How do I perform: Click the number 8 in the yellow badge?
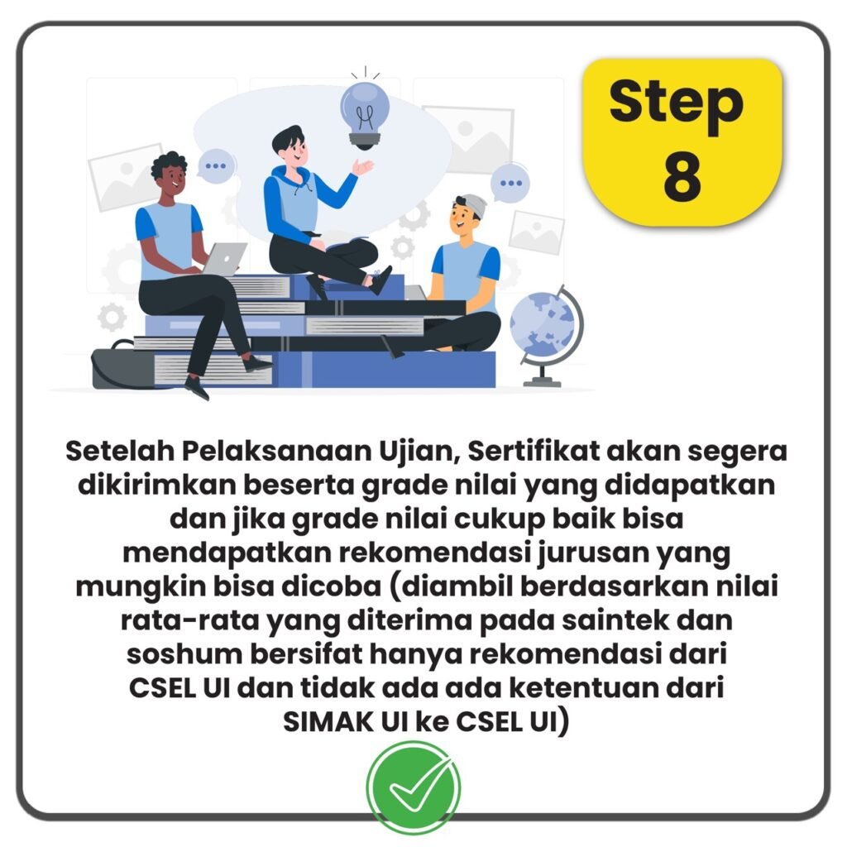[682, 176]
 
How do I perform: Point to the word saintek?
[615, 620]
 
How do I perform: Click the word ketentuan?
[583, 687]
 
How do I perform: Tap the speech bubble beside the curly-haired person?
[216, 165]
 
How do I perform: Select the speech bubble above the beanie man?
[510, 183]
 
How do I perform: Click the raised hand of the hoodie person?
[362, 167]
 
